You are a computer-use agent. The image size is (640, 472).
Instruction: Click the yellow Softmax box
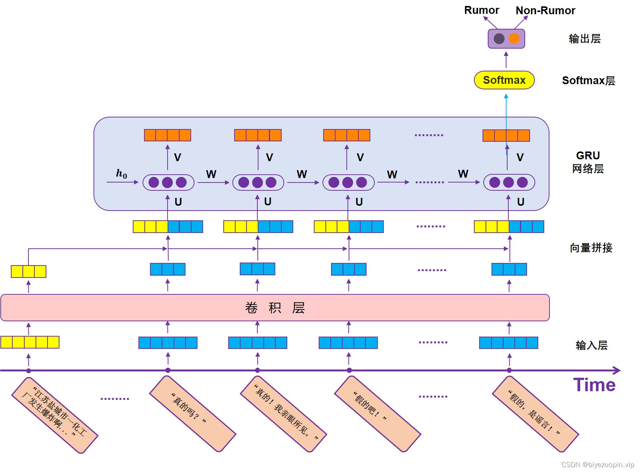point(504,80)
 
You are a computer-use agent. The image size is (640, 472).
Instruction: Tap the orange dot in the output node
point(514,38)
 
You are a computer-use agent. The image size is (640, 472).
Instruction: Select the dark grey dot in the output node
point(499,39)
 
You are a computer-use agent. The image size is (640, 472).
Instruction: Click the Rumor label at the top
point(481,10)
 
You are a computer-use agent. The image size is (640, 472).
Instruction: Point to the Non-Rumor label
point(545,10)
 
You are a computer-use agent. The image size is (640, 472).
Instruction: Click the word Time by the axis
point(594,385)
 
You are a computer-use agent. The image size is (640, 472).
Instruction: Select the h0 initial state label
point(122,174)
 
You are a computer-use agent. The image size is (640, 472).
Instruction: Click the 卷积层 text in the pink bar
point(275,308)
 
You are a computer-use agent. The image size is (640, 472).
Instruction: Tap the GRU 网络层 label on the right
point(588,162)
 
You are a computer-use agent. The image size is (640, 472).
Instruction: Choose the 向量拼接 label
point(591,248)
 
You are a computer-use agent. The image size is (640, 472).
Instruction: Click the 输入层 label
point(591,345)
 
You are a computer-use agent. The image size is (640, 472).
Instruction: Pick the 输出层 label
point(585,39)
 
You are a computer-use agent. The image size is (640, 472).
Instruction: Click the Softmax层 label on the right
point(588,80)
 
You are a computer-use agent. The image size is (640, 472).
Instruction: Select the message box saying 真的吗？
point(192,413)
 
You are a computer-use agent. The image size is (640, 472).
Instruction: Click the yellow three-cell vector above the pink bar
point(28,272)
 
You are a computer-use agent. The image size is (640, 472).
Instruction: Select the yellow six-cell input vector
point(30,342)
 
